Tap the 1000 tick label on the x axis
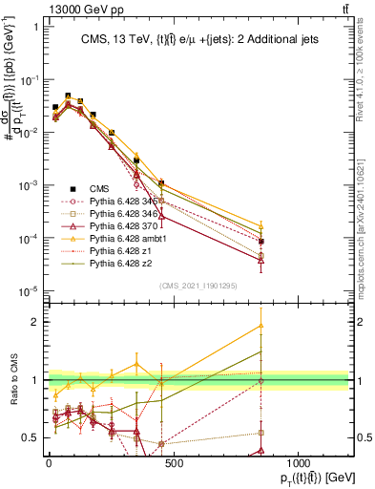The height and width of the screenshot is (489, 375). click(298, 462)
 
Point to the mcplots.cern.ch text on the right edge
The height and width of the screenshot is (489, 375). click(365, 220)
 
